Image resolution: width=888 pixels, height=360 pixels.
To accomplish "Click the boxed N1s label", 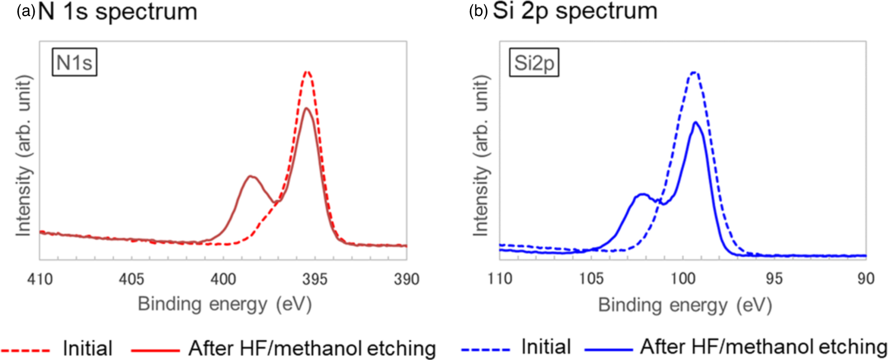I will click(74, 62).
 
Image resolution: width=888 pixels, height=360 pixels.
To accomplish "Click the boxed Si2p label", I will click(534, 63).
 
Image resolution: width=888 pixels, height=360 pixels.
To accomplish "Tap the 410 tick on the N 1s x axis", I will click(40, 279).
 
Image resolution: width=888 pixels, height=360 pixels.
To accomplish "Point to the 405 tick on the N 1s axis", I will click(131, 279).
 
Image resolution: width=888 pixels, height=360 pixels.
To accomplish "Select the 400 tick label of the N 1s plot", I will click(223, 279).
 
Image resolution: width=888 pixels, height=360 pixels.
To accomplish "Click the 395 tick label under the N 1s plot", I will click(315, 279).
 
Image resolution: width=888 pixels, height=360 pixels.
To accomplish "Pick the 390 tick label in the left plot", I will click(406, 279).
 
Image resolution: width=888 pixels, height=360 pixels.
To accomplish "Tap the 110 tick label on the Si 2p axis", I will click(500, 279).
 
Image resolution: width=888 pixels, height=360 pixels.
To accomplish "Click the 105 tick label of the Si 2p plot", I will click(591, 279).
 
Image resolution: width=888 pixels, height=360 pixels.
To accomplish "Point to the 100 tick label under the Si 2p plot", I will click(683, 279).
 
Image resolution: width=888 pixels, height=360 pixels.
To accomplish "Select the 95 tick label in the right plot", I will click(774, 279).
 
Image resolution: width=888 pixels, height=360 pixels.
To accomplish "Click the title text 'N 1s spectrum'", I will click(117, 12).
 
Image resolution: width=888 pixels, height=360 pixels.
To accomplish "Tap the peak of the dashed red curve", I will click(307, 72).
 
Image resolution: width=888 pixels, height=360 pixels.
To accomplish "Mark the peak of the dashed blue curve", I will click(694, 73).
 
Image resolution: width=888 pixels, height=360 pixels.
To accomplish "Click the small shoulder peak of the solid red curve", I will click(250, 176).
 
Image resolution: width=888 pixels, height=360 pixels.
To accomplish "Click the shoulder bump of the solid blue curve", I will click(643, 195).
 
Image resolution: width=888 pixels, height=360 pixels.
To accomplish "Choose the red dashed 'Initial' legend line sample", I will click(25, 350).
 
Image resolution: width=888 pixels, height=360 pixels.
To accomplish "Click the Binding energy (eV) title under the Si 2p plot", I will click(685, 305).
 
